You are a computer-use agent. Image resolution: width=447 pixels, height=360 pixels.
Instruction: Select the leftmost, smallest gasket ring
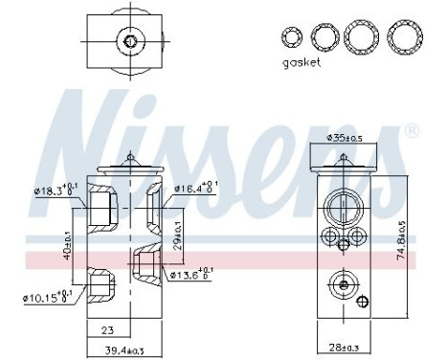(x=291, y=37)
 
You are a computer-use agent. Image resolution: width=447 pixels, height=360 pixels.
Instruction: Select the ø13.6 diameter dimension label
(x=191, y=276)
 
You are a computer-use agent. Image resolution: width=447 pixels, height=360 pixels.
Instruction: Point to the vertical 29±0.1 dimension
(x=179, y=234)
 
